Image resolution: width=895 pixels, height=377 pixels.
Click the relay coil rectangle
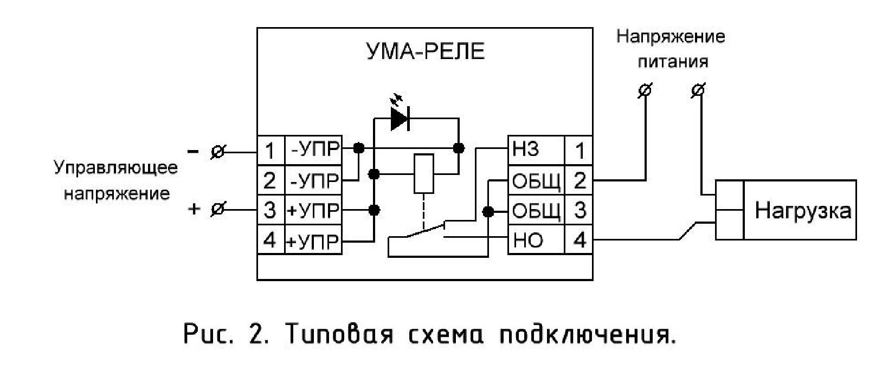tap(423, 174)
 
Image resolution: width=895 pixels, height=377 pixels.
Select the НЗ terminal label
tap(525, 149)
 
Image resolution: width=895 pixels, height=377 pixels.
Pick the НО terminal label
tap(528, 240)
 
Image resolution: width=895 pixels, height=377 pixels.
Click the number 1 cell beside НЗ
tap(580, 151)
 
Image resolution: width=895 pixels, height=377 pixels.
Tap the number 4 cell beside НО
tap(580, 240)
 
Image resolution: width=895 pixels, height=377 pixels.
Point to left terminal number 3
tap(270, 210)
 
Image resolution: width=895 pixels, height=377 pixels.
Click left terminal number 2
tap(270, 180)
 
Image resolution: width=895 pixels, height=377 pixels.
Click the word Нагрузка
tap(803, 211)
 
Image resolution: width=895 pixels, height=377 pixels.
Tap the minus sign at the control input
tap(193, 151)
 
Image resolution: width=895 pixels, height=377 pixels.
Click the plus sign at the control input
tap(194, 209)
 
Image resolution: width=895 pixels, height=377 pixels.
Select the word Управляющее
tap(116, 168)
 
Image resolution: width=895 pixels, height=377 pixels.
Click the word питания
tap(673, 62)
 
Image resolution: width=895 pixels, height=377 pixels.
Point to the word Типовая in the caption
tap(339, 334)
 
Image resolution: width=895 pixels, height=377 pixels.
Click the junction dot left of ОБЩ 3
tap(488, 211)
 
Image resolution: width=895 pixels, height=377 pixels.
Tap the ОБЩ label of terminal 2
tap(537, 181)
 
